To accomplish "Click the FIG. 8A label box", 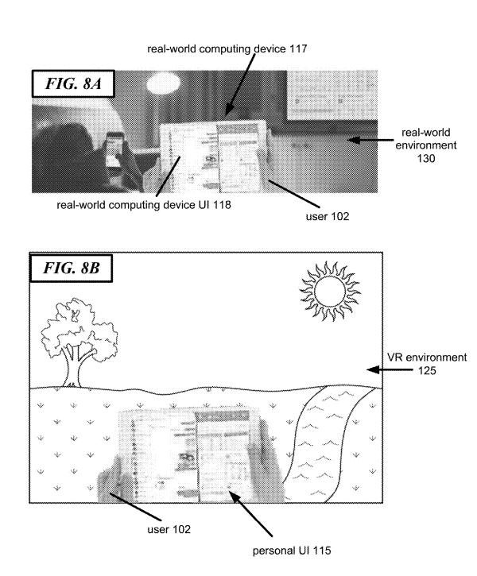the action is click(x=73, y=83).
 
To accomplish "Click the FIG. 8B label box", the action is click(x=71, y=269).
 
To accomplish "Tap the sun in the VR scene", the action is click(x=330, y=292).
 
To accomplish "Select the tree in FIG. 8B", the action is click(x=79, y=342).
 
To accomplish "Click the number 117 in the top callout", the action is click(x=298, y=48).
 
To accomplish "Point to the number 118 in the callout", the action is click(x=222, y=205).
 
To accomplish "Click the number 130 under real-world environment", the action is click(x=426, y=158).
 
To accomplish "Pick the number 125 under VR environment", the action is click(x=427, y=370).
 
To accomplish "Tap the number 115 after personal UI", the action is click(x=321, y=551).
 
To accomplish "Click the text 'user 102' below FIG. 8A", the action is click(x=328, y=216).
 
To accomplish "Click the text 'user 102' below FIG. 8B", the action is click(x=169, y=529).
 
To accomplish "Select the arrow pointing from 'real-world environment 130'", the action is click(x=370, y=140).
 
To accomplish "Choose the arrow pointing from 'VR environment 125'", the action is click(x=390, y=370).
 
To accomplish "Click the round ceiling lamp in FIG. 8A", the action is click(x=164, y=83).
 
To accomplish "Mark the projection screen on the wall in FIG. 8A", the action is click(x=332, y=95).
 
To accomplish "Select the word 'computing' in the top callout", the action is click(x=223, y=49).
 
